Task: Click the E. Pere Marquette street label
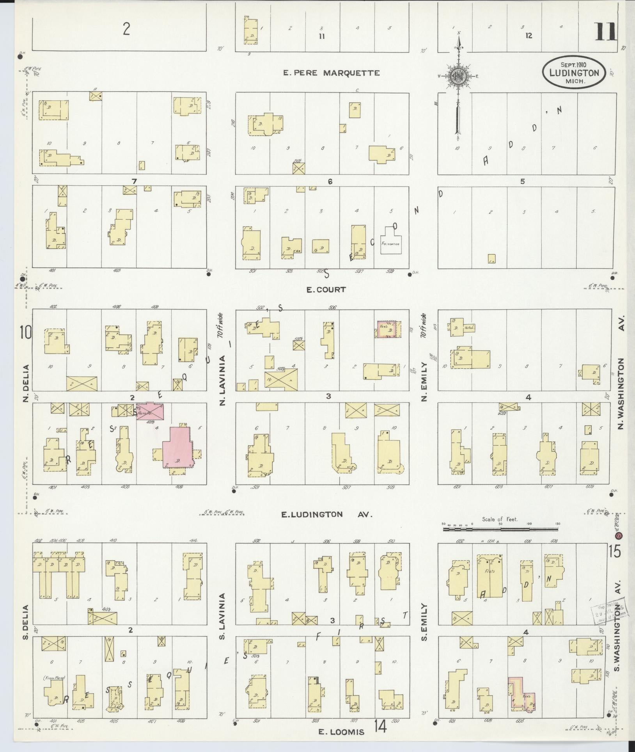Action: (331, 73)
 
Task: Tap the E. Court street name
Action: (320, 290)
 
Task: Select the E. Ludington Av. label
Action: (327, 514)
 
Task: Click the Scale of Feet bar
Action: (500, 529)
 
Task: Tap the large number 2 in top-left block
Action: (126, 30)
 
